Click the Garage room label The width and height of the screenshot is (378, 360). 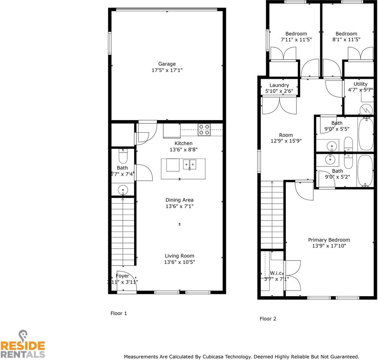[167, 64]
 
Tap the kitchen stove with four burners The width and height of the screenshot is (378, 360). [204, 129]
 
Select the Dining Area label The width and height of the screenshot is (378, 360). [179, 200]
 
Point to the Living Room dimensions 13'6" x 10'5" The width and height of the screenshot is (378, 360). [179, 262]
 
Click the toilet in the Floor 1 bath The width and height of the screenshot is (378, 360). [123, 156]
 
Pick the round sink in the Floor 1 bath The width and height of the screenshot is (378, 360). [123, 190]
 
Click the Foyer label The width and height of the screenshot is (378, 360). [123, 276]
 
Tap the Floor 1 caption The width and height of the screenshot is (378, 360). [118, 313]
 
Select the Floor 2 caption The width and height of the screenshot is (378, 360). [268, 319]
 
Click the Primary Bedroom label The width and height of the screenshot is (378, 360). [329, 240]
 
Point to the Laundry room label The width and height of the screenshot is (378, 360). [279, 85]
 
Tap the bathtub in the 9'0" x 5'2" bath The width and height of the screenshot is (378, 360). [365, 171]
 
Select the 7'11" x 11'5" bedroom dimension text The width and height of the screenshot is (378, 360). [296, 39]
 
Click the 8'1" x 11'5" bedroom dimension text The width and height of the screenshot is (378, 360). [346, 39]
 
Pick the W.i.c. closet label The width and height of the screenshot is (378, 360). [276, 273]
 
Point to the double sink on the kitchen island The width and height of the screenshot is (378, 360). [190, 164]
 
